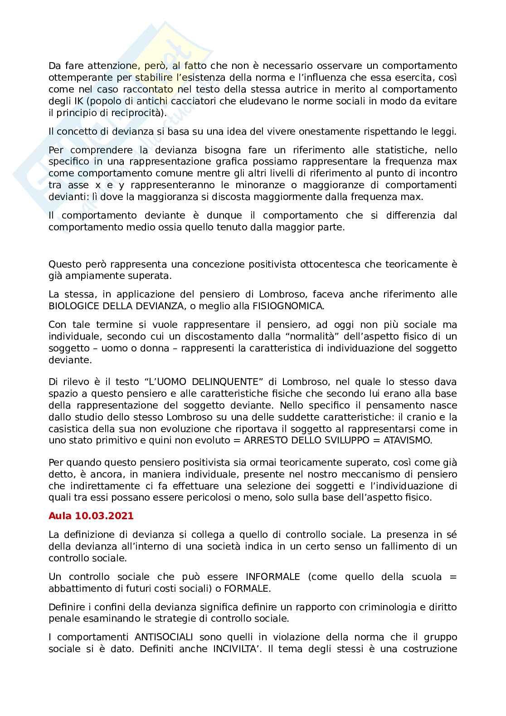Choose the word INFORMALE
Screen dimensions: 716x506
273,577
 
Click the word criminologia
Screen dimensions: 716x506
390,607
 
